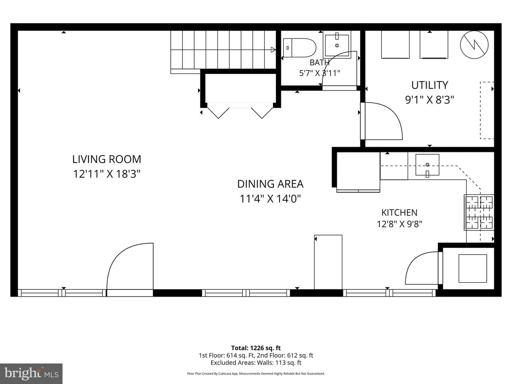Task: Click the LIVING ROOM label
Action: [107, 159]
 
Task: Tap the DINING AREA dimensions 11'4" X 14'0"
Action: [270, 199]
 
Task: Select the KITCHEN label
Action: [399, 213]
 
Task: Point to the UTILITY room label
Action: [430, 85]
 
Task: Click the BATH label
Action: [320, 63]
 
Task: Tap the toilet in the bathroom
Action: [299, 48]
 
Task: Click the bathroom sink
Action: [337, 44]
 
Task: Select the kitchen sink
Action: [427, 165]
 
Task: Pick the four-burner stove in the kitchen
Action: [479, 212]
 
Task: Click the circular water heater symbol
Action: [474, 45]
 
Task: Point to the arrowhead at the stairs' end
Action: [273, 50]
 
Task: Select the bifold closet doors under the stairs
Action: [240, 113]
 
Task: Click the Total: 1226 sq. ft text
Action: [256, 348]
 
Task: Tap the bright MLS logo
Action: [31, 373]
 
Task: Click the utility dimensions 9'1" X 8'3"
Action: [430, 100]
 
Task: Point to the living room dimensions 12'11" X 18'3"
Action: [107, 174]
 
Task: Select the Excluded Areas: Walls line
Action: [256, 363]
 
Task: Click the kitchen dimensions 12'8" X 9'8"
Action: [400, 224]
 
